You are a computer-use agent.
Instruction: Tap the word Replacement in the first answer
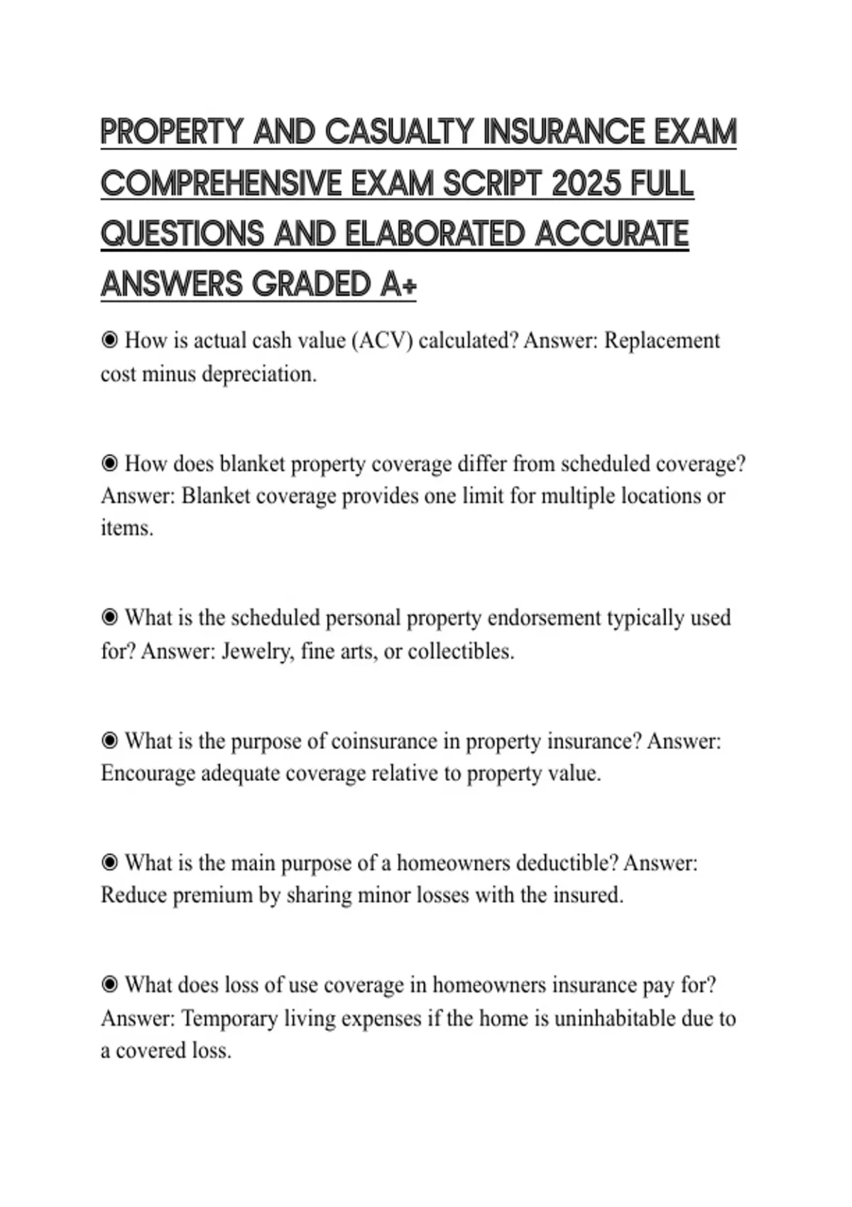point(662,341)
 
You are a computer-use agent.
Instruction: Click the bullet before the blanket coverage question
point(109,464)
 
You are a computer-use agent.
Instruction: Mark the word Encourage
point(148,773)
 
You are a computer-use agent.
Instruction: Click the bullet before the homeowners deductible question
point(109,863)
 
